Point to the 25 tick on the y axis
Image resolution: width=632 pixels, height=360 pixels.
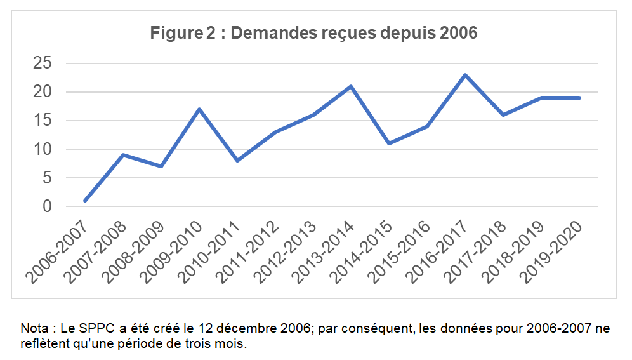pos(46,63)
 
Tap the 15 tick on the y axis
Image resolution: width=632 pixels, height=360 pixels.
pos(46,121)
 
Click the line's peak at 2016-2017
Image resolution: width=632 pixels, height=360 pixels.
pos(466,75)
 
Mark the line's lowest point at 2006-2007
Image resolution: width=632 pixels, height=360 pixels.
pos(84,201)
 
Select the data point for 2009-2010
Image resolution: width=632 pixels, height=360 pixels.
pos(199,109)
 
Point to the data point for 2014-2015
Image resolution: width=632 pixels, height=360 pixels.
pos(389,143)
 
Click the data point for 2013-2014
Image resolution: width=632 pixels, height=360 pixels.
pos(351,86)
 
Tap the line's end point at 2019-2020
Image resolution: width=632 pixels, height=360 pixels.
pos(579,98)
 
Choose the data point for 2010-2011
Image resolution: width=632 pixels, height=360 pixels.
pos(237,161)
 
